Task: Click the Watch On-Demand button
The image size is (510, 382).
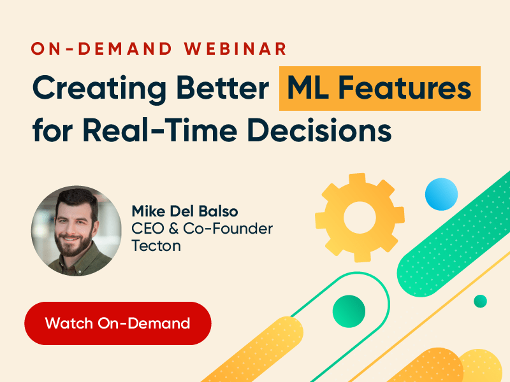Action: [118, 323]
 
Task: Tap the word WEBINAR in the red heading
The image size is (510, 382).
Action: [235, 49]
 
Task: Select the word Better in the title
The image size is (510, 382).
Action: [222, 88]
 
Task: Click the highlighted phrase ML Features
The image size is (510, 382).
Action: [379, 88]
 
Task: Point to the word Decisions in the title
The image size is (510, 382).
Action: [319, 130]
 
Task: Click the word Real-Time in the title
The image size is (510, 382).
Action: [160, 130]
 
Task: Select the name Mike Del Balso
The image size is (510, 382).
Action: [185, 211]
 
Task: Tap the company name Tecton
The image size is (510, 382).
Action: [156, 246]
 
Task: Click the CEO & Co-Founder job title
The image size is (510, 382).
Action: [202, 229]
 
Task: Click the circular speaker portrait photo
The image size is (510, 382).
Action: [76, 231]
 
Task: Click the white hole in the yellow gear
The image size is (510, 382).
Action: [360, 217]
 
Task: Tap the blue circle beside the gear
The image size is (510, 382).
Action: [441, 194]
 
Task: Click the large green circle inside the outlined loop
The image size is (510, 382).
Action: [349, 311]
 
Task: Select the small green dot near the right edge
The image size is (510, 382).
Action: [481, 301]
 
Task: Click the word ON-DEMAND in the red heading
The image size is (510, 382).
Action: [101, 49]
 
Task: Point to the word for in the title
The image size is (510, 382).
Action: [52, 130]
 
